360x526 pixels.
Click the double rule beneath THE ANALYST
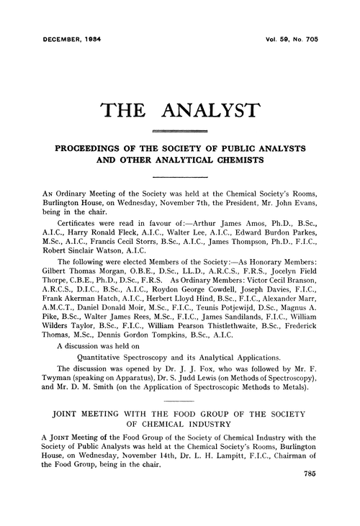(180, 131)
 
